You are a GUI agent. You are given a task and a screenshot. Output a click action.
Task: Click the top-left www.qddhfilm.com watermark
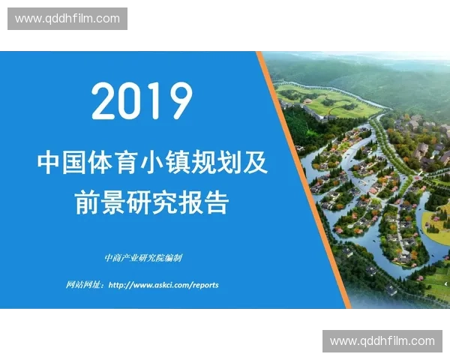[67, 19]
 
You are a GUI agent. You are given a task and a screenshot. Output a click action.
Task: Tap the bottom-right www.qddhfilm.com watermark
[382, 341]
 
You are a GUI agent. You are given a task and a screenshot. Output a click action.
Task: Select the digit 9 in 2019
[178, 101]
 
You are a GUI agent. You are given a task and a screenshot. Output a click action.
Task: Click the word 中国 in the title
[61, 163]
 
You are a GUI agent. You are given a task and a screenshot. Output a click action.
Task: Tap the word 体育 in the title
[109, 163]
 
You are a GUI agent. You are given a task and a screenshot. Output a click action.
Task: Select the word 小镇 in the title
[157, 163]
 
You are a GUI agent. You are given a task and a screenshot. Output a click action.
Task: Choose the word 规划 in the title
[206, 163]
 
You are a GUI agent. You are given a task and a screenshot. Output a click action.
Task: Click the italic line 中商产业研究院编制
[143, 258]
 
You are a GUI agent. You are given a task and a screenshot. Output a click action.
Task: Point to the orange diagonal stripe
[304, 180]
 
